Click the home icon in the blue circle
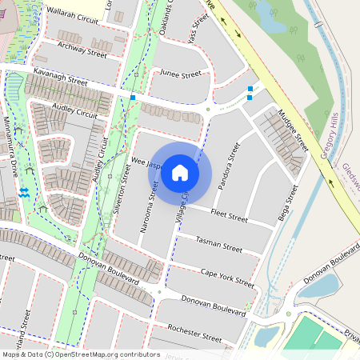180,172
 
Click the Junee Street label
180,74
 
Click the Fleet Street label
229,214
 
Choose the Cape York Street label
226,278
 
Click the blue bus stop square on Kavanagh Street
133,97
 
